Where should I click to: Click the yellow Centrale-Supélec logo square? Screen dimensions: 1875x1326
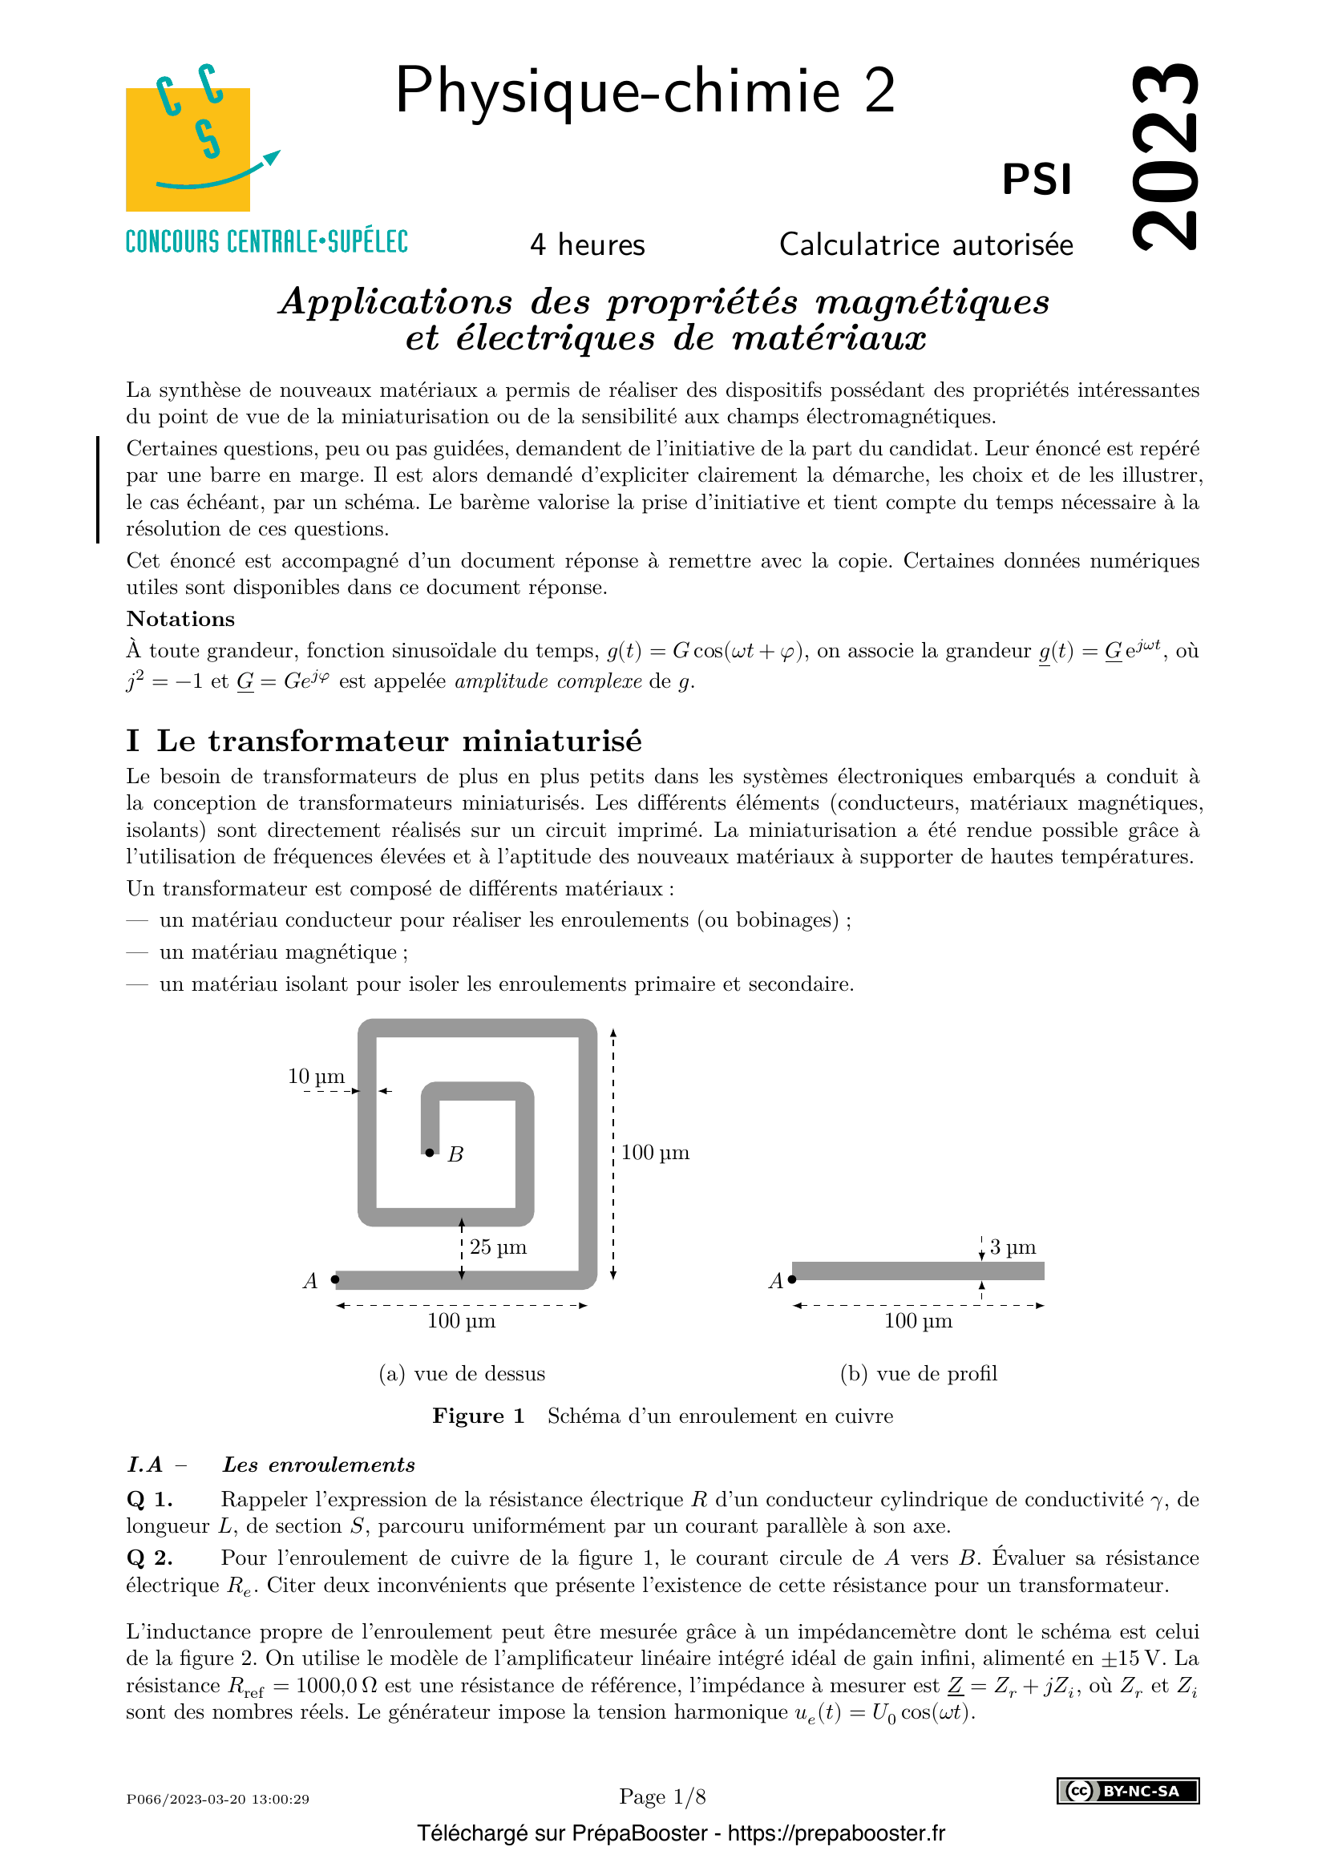click(187, 149)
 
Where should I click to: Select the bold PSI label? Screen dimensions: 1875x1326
click(1037, 180)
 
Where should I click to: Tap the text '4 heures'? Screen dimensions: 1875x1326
click(587, 245)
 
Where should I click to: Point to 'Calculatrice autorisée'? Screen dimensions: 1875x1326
click(926, 245)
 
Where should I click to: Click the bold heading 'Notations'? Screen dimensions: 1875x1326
click(180, 619)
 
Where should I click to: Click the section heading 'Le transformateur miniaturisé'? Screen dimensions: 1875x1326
click(398, 741)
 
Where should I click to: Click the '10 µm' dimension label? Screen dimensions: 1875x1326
click(316, 1077)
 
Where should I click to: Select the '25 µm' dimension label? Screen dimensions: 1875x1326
click(498, 1247)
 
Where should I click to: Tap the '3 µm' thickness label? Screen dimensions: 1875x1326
click(1013, 1247)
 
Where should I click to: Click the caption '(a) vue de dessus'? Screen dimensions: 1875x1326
click(461, 1374)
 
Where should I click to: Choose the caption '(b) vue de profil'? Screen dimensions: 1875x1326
click(919, 1374)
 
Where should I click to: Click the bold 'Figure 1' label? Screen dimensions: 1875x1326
click(479, 1416)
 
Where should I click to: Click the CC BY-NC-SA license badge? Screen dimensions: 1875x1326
click(1128, 1791)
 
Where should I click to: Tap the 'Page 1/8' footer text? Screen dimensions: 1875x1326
click(662, 1796)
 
